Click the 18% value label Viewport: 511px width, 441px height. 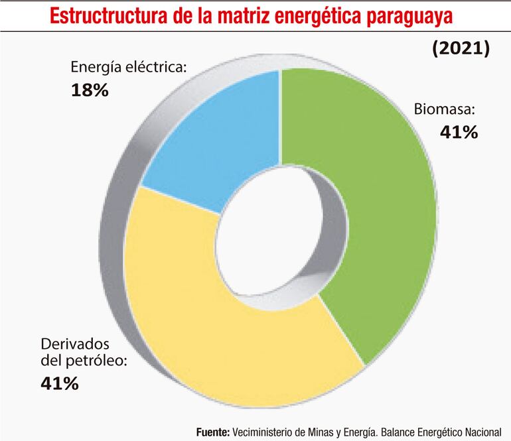(89, 90)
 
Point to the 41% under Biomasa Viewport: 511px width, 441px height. (459, 132)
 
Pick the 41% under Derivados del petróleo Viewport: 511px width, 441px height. (60, 383)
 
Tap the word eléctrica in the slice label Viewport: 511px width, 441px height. (155, 68)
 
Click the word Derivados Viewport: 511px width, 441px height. (75, 345)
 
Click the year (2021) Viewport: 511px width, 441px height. (461, 49)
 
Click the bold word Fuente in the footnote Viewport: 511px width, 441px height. (212, 431)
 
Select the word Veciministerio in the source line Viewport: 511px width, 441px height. (263, 431)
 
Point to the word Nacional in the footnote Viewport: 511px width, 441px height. (482, 431)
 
